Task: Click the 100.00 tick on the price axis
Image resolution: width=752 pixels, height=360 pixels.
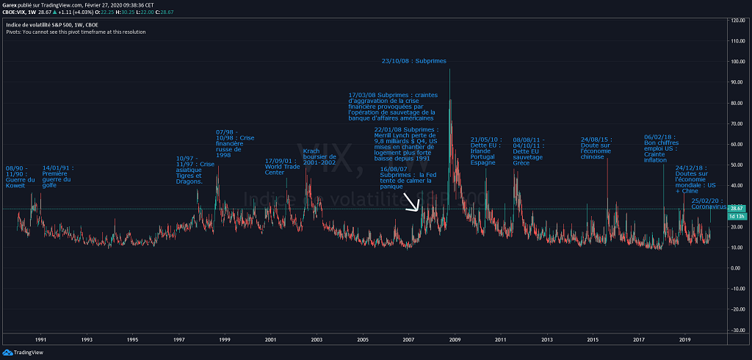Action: [734, 62]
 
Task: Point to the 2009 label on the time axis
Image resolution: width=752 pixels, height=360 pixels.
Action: [455, 339]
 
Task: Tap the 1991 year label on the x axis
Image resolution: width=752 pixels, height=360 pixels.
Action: [41, 339]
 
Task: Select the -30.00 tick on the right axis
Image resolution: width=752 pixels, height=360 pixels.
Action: [734, 331]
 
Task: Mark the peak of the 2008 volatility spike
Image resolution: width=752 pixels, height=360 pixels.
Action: [449, 70]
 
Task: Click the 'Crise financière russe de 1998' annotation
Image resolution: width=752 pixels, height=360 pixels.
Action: [235, 143]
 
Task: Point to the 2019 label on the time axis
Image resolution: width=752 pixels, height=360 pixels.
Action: [684, 339]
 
